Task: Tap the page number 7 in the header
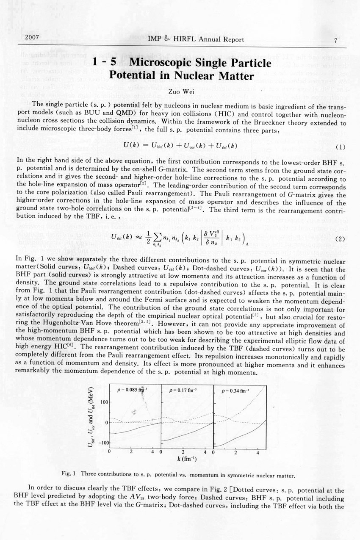(335, 41)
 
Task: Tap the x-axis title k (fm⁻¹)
(186, 459)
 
